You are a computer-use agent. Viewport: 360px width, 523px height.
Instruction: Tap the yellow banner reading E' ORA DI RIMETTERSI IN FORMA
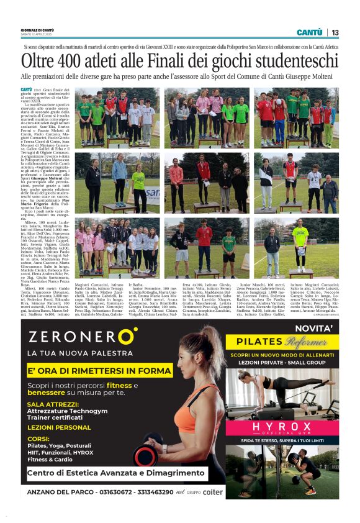99,371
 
